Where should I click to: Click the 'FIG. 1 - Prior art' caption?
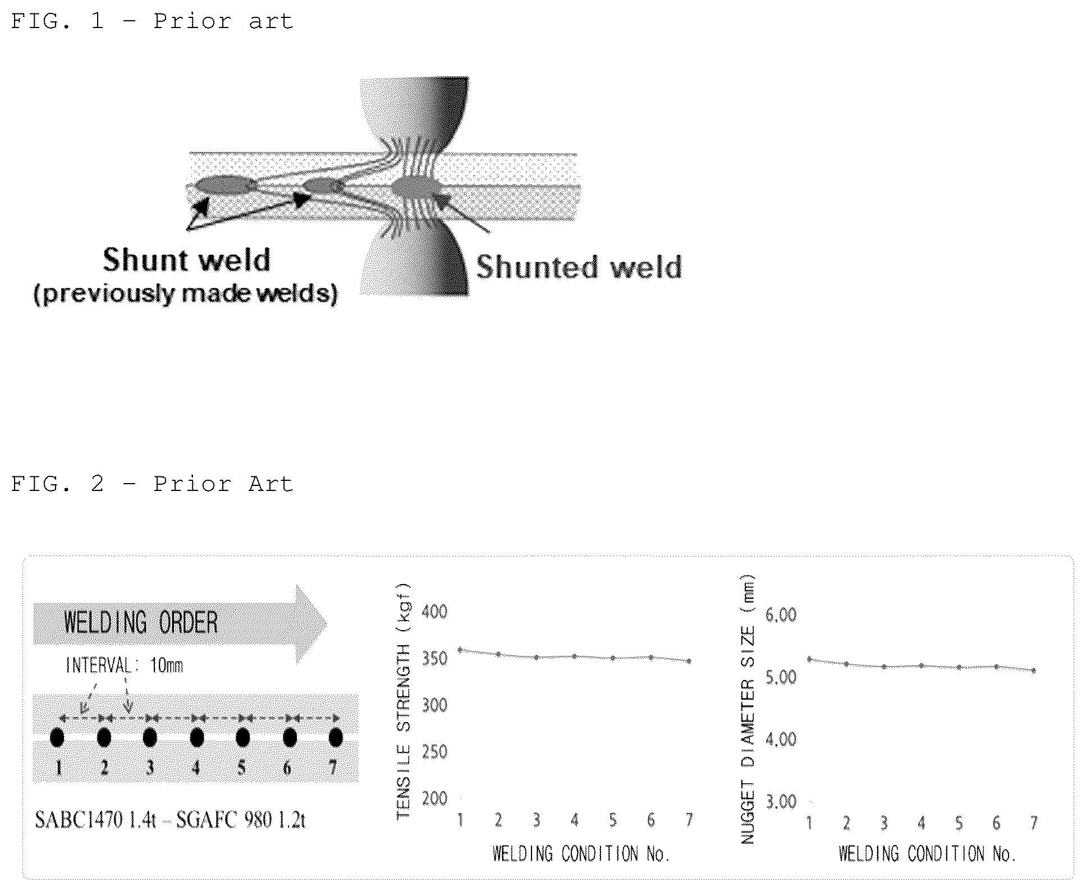coord(152,22)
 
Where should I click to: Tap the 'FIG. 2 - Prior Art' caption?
coord(152,484)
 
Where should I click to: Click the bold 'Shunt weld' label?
coord(187,260)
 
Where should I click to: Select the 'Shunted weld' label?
coord(579,267)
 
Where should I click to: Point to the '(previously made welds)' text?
coord(186,293)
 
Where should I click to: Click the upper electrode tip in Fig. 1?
coord(415,115)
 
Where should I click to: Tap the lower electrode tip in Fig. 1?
coord(415,258)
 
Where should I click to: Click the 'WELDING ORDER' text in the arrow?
coord(141,623)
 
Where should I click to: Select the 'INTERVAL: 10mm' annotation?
coord(125,666)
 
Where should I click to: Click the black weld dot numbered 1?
coord(57,737)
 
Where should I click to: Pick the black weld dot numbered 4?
coord(196,737)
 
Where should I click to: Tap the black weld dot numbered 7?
coord(336,737)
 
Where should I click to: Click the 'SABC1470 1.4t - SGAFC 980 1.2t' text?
coord(170,820)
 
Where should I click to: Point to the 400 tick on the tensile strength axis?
coord(434,611)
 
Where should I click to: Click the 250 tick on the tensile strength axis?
coord(434,751)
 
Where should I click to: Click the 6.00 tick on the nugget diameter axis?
coord(781,615)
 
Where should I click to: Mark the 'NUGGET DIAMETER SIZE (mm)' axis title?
coord(747,709)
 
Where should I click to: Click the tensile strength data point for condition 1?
coord(460,650)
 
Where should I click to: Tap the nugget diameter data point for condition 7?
coord(1033,670)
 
